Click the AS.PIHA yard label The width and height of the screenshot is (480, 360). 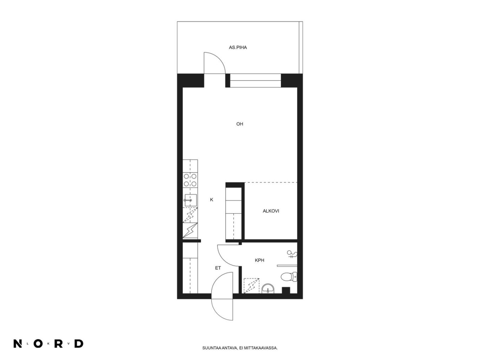(x=238, y=47)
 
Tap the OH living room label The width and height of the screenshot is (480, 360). (x=239, y=124)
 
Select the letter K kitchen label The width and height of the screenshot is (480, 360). (x=212, y=199)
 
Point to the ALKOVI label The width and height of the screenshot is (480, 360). (x=271, y=211)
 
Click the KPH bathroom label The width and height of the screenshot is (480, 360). (x=259, y=260)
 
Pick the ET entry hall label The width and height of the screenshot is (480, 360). (x=218, y=268)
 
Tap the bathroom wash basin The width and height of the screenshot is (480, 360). (x=268, y=288)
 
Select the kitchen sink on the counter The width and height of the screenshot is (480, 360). (x=191, y=200)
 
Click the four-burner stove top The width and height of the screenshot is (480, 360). (x=190, y=180)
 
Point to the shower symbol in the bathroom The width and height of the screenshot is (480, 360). (x=292, y=254)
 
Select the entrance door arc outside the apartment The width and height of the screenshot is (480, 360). (x=215, y=312)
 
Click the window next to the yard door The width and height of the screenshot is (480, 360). (x=255, y=81)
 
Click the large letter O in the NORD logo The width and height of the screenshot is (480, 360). (x=38, y=343)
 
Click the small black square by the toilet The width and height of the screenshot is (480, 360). (x=286, y=290)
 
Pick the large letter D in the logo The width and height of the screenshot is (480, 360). (x=79, y=343)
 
